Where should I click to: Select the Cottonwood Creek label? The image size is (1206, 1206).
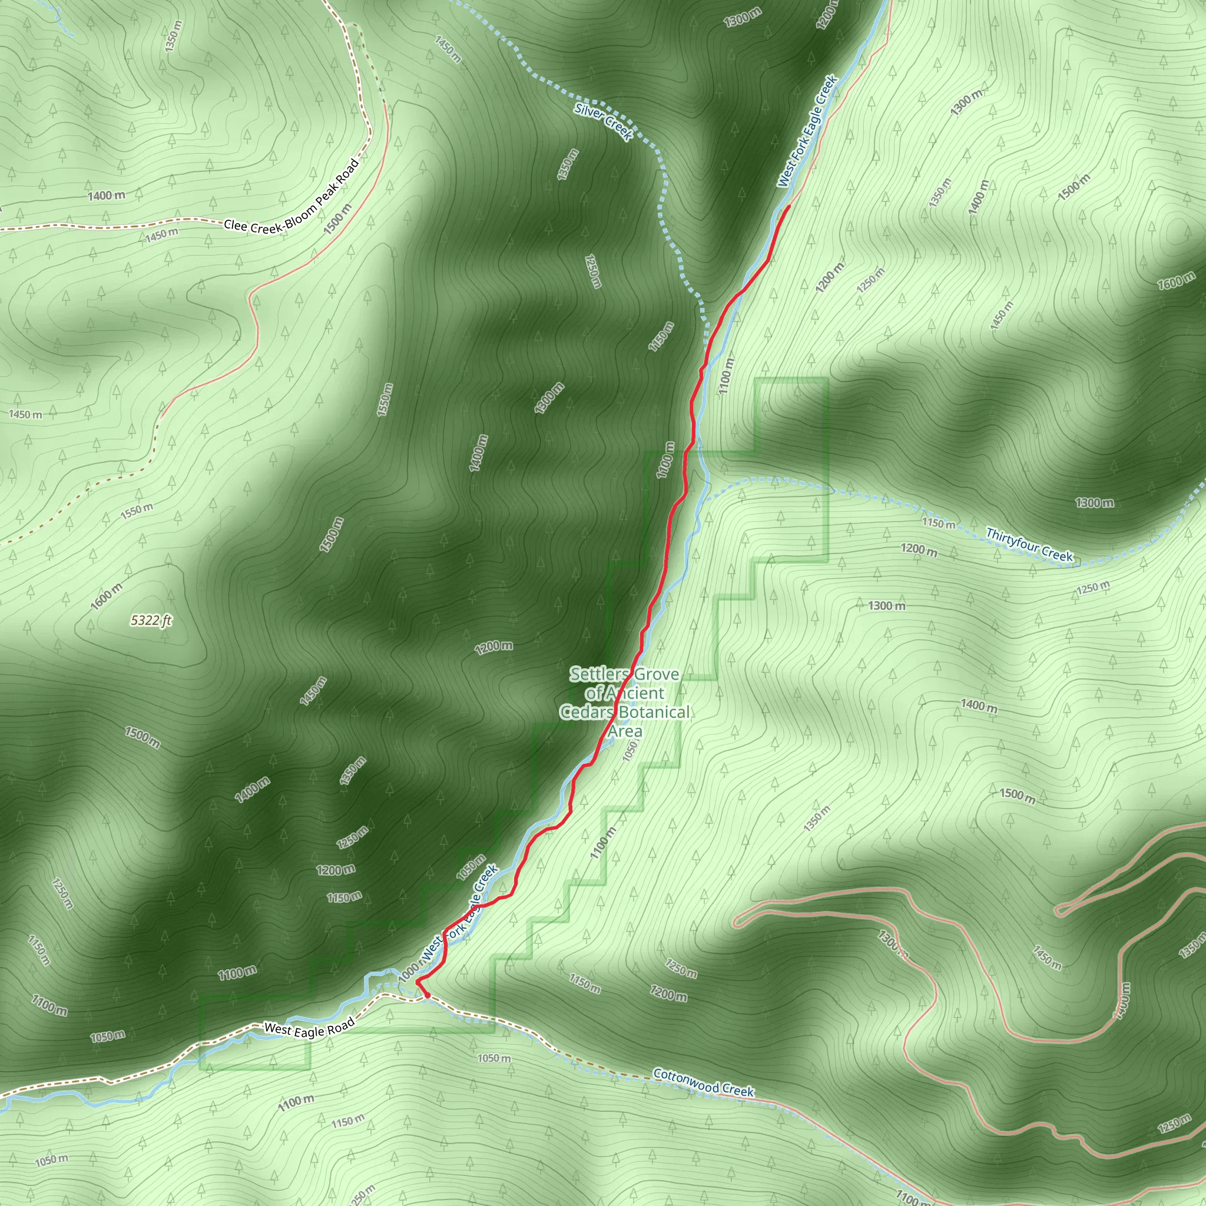704,1082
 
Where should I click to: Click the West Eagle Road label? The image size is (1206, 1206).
309,1029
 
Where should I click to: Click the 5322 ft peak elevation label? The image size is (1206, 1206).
151,620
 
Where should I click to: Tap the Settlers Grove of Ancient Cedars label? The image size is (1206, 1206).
625,703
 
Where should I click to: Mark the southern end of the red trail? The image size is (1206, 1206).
427,996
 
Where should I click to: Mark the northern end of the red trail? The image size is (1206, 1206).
790,206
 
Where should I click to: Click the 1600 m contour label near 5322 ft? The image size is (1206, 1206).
107,596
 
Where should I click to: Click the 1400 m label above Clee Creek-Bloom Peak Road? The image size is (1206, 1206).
106,196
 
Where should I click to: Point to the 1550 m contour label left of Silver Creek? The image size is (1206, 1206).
385,399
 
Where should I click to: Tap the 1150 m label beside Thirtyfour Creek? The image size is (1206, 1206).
939,522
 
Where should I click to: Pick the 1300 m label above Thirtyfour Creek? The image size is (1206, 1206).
1094,502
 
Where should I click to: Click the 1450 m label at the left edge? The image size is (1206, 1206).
25,414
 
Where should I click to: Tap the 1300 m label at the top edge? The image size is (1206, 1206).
742,18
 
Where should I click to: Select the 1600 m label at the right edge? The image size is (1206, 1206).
1176,281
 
